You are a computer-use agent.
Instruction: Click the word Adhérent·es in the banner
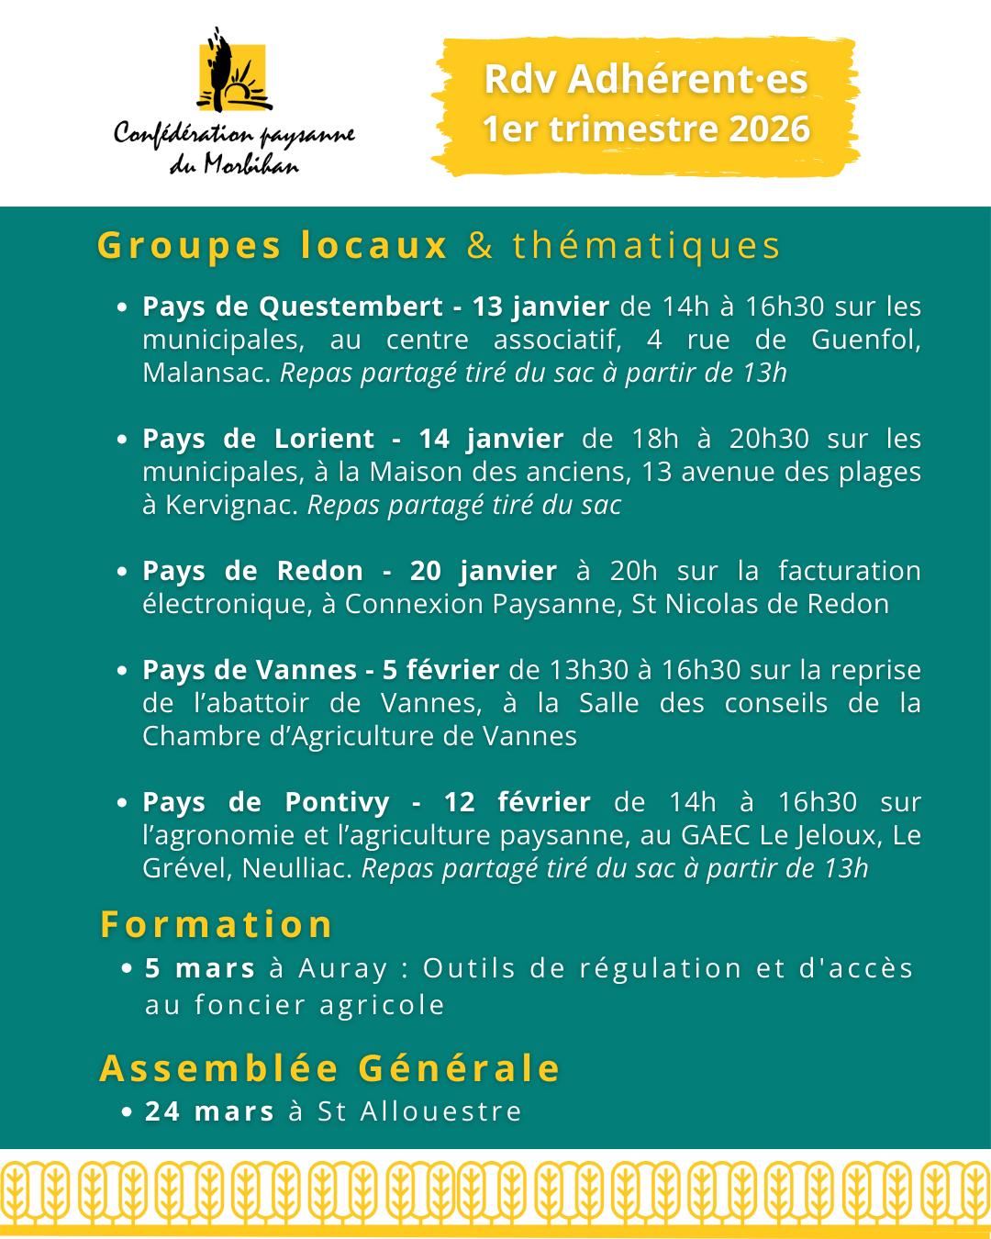click(687, 80)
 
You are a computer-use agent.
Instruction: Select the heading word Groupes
click(189, 246)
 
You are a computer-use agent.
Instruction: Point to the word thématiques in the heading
click(646, 246)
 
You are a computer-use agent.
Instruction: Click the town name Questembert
click(351, 307)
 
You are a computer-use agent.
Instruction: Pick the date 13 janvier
click(540, 307)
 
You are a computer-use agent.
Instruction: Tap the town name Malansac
click(206, 373)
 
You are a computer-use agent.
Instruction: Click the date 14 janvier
click(491, 439)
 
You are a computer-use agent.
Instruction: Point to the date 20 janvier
click(483, 571)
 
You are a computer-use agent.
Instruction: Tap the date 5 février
click(440, 670)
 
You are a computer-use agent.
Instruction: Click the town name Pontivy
click(337, 802)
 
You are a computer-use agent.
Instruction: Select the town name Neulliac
click(297, 868)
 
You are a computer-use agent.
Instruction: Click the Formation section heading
click(217, 924)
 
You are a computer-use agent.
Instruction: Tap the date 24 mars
click(209, 1111)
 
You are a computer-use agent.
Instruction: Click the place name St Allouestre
click(419, 1111)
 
